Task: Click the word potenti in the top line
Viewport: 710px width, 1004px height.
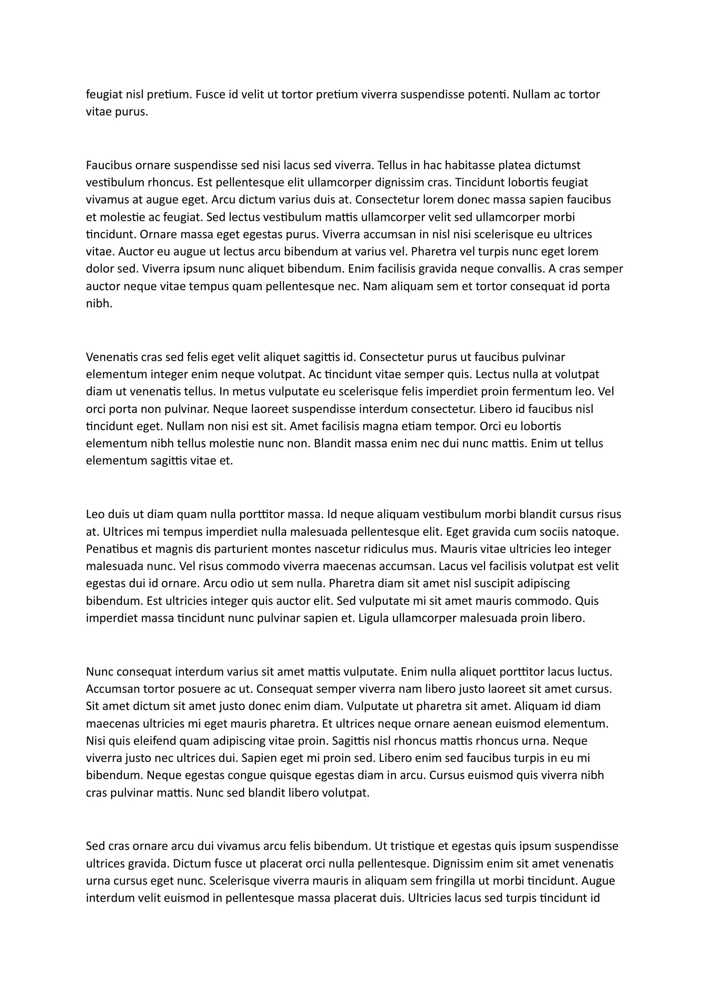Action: click(x=488, y=94)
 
